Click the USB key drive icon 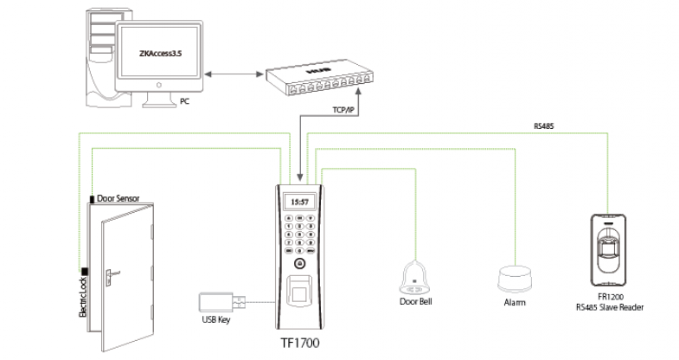(x=222, y=303)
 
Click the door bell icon (x=416, y=275)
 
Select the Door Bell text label (x=416, y=302)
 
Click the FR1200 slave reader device (x=610, y=249)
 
